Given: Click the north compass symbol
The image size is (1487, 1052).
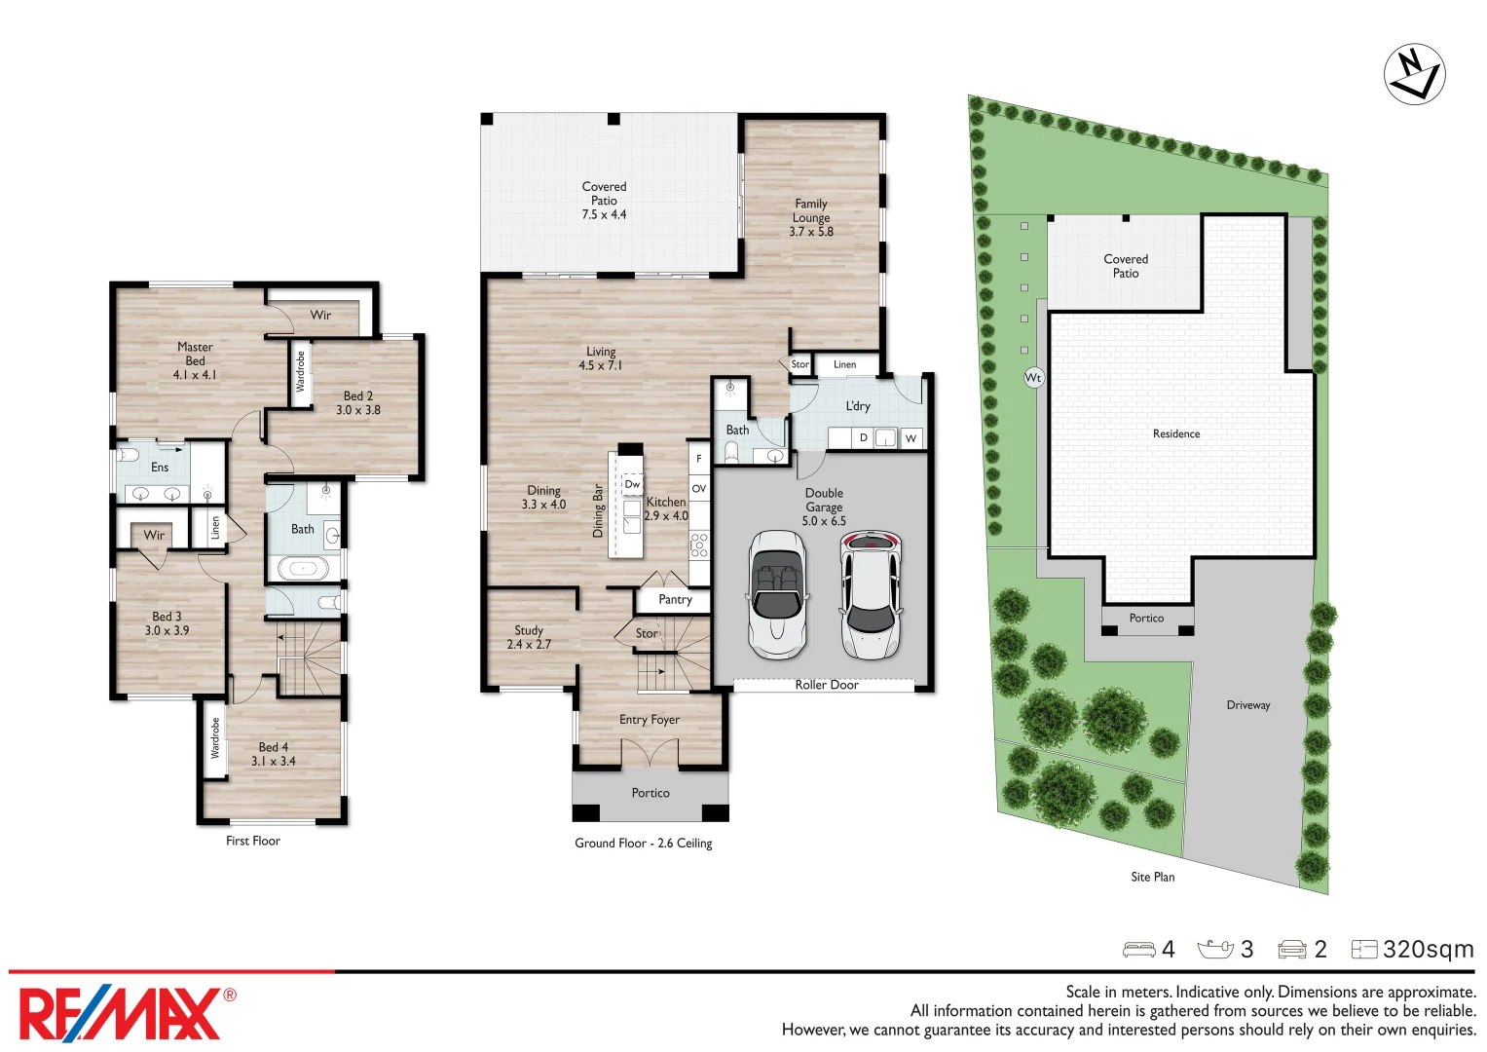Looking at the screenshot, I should (x=1414, y=74).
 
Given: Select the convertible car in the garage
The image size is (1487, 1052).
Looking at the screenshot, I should (x=777, y=594).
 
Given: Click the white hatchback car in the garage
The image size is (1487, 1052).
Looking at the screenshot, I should (x=871, y=594).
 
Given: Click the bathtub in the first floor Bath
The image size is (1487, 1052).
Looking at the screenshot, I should (x=304, y=568).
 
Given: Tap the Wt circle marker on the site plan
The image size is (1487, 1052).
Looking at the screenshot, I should (x=1033, y=377).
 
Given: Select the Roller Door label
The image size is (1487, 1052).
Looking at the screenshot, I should (x=826, y=685).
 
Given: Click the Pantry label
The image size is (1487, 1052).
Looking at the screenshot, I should (x=675, y=599).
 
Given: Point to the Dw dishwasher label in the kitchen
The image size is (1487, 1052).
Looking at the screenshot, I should (x=632, y=484).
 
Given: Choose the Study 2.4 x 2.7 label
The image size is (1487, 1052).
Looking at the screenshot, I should (x=529, y=637).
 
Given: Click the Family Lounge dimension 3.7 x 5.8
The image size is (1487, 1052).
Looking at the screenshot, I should (x=811, y=232).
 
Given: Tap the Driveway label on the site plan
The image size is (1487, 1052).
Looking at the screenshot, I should (x=1247, y=704).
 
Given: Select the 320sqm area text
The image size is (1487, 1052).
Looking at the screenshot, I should (x=1428, y=949).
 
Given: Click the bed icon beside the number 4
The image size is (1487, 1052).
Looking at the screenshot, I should (x=1137, y=950).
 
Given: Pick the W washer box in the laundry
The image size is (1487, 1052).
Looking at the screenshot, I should (x=911, y=438).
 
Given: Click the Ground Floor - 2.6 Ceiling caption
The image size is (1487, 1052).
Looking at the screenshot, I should (x=643, y=843).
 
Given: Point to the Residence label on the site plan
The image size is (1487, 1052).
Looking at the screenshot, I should (x=1175, y=433).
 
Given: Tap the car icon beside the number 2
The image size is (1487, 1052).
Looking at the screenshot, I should (x=1291, y=950).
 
